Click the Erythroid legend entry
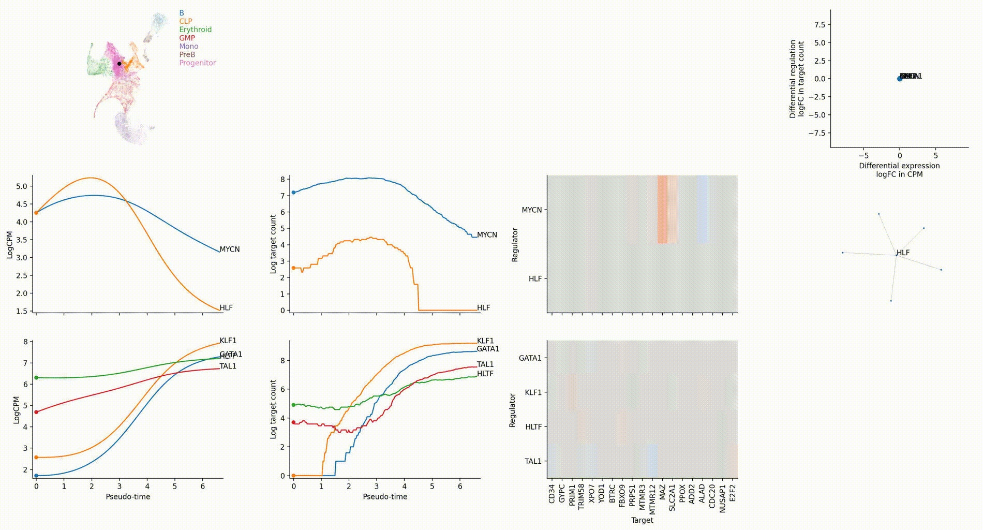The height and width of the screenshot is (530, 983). [x=195, y=30]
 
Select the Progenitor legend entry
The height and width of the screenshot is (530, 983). [x=197, y=63]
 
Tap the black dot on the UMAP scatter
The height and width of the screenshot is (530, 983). [x=119, y=64]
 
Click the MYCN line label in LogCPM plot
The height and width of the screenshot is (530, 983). [x=229, y=249]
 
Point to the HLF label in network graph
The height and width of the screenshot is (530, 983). [x=903, y=253]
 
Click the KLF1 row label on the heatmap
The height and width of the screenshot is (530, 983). [x=533, y=392]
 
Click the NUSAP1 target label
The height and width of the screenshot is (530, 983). [x=722, y=498]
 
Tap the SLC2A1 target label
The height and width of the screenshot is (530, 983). [x=672, y=497]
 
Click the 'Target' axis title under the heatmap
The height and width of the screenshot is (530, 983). [x=642, y=520]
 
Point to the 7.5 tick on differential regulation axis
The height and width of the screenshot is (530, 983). [x=819, y=25]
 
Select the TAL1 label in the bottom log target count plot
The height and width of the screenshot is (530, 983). [x=485, y=364]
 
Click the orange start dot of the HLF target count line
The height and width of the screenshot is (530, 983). [x=293, y=268]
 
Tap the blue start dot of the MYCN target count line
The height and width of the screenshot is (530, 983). [x=293, y=193]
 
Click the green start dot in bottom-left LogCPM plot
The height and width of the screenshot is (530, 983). [x=36, y=378]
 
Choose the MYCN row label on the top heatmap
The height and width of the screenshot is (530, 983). [x=531, y=210]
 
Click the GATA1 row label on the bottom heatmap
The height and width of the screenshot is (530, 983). [x=530, y=358]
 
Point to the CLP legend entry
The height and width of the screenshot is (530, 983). [x=185, y=21]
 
